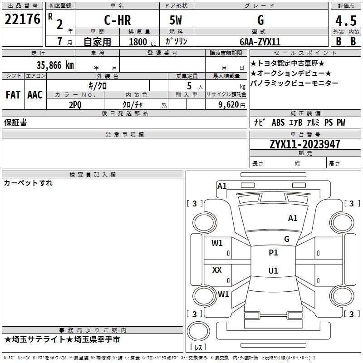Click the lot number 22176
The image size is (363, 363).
click(22, 19)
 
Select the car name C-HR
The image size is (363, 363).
click(118, 20)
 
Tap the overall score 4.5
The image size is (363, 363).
click(346, 21)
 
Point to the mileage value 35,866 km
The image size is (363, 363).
click(55, 65)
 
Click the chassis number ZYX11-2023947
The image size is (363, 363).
click(305, 144)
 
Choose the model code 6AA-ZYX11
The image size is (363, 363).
click(260, 42)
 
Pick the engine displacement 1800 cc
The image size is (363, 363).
click(142, 42)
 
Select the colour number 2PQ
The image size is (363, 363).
click(75, 105)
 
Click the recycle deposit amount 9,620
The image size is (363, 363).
click(229, 105)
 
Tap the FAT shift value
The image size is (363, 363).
click(13, 95)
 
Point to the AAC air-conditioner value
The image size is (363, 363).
click(35, 95)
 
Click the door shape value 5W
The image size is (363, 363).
click(176, 20)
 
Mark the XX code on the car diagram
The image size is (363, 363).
click(217, 270)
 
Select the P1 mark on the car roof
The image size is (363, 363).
click(273, 253)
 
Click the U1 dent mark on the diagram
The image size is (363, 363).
click(273, 270)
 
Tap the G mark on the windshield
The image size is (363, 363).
click(287, 239)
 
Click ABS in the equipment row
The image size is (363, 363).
click(278, 123)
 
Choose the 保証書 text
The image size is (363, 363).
click(15, 123)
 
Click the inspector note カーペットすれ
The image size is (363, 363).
click(28, 183)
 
